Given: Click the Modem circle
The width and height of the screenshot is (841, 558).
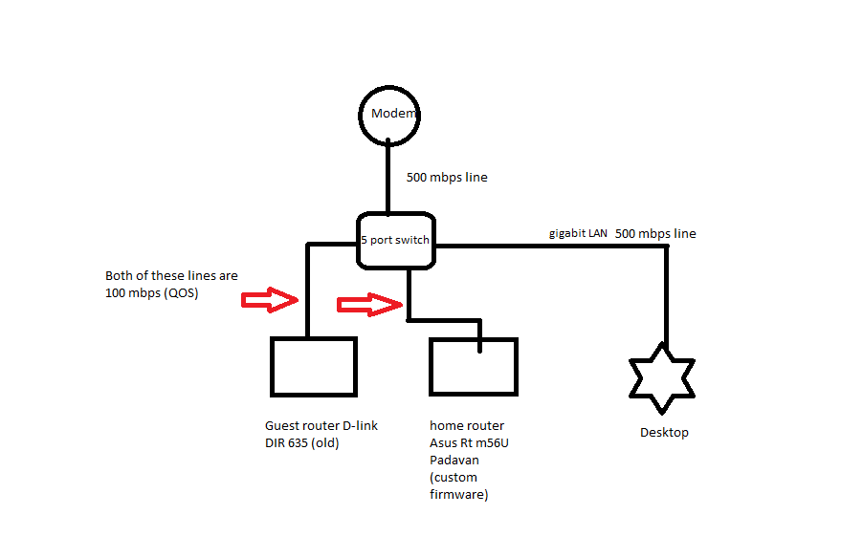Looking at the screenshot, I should point(390,115).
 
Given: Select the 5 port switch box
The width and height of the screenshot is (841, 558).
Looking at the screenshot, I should point(395,240).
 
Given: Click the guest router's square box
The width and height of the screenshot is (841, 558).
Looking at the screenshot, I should point(313,366).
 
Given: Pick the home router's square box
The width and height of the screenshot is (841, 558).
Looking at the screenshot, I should point(474,366).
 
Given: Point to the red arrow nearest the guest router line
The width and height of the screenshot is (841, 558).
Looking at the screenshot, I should point(270,299).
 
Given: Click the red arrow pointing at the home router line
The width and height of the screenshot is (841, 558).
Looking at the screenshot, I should point(368,305).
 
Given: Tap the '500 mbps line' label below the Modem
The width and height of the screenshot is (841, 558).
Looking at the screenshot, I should point(447,177).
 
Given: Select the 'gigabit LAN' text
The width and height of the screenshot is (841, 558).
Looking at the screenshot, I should point(578,233).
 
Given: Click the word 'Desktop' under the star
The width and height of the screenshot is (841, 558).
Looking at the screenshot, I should point(664,433).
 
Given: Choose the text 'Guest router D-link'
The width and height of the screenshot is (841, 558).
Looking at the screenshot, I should point(321,426).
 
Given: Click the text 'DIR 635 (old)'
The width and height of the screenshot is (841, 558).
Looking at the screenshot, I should point(302,443).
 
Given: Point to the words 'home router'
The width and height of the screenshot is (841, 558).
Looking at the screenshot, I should point(467,426).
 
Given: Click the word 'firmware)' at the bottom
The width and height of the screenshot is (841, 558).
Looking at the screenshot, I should point(459,494).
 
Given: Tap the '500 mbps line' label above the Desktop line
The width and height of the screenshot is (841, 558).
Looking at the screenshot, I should point(655,233).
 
